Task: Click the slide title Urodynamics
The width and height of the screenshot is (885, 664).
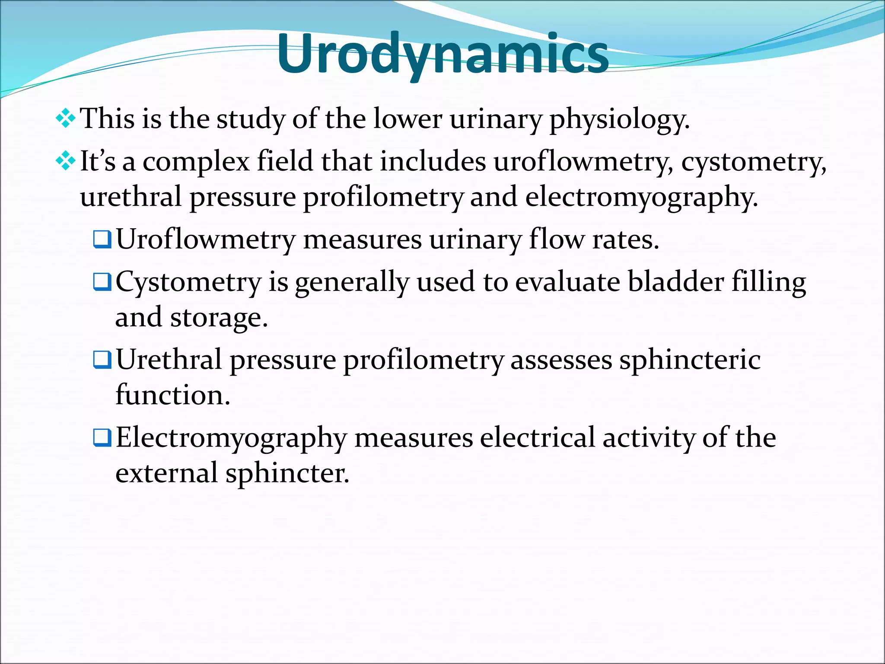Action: point(442,54)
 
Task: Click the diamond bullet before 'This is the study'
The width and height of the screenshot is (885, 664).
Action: point(66,118)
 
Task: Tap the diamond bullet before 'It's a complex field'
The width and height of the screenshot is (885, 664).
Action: point(66,161)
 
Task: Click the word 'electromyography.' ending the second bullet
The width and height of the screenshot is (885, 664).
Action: point(641,197)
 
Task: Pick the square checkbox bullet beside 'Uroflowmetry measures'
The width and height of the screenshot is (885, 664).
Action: point(102,239)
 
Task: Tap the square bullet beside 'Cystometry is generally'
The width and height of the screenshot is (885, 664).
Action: point(102,282)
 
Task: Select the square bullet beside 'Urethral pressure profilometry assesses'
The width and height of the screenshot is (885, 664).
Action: point(102,360)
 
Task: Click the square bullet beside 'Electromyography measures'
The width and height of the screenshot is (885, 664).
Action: point(102,437)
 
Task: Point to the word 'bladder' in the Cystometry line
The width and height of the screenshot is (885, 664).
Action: point(675,282)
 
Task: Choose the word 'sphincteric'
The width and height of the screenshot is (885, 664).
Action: point(690,360)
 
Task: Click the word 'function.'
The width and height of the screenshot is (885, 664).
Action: point(173,395)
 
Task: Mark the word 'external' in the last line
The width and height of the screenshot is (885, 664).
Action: point(166,472)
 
